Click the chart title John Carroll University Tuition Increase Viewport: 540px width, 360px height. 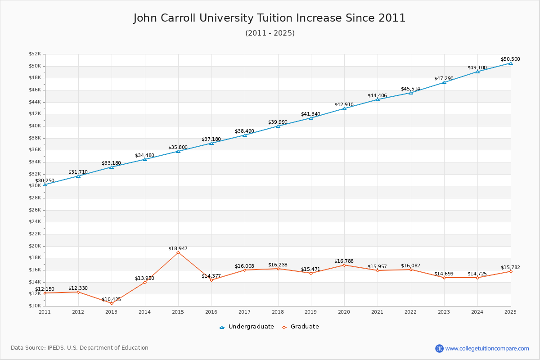pos(270,18)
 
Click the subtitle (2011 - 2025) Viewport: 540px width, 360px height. pos(270,33)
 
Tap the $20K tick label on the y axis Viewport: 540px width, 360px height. pos(35,246)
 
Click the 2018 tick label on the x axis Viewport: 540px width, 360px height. pos(278,311)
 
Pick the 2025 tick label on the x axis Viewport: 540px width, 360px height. pos(510,311)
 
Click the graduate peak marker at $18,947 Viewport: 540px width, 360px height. pos(178,252)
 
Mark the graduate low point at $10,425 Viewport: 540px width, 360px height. pos(112,303)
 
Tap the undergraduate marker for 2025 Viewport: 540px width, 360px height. pos(510,63)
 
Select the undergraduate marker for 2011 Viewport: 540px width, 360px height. pos(45,184)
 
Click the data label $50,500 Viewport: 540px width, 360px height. pos(510,59)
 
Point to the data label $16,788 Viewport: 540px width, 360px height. pos(344,261)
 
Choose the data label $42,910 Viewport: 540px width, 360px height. pos(344,104)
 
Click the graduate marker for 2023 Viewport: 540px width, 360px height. pos(444,278)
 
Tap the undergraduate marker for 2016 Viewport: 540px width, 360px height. pos(211,143)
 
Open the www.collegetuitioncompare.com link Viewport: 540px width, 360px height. pos(487,348)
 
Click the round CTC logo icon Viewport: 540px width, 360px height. pos(439,348)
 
